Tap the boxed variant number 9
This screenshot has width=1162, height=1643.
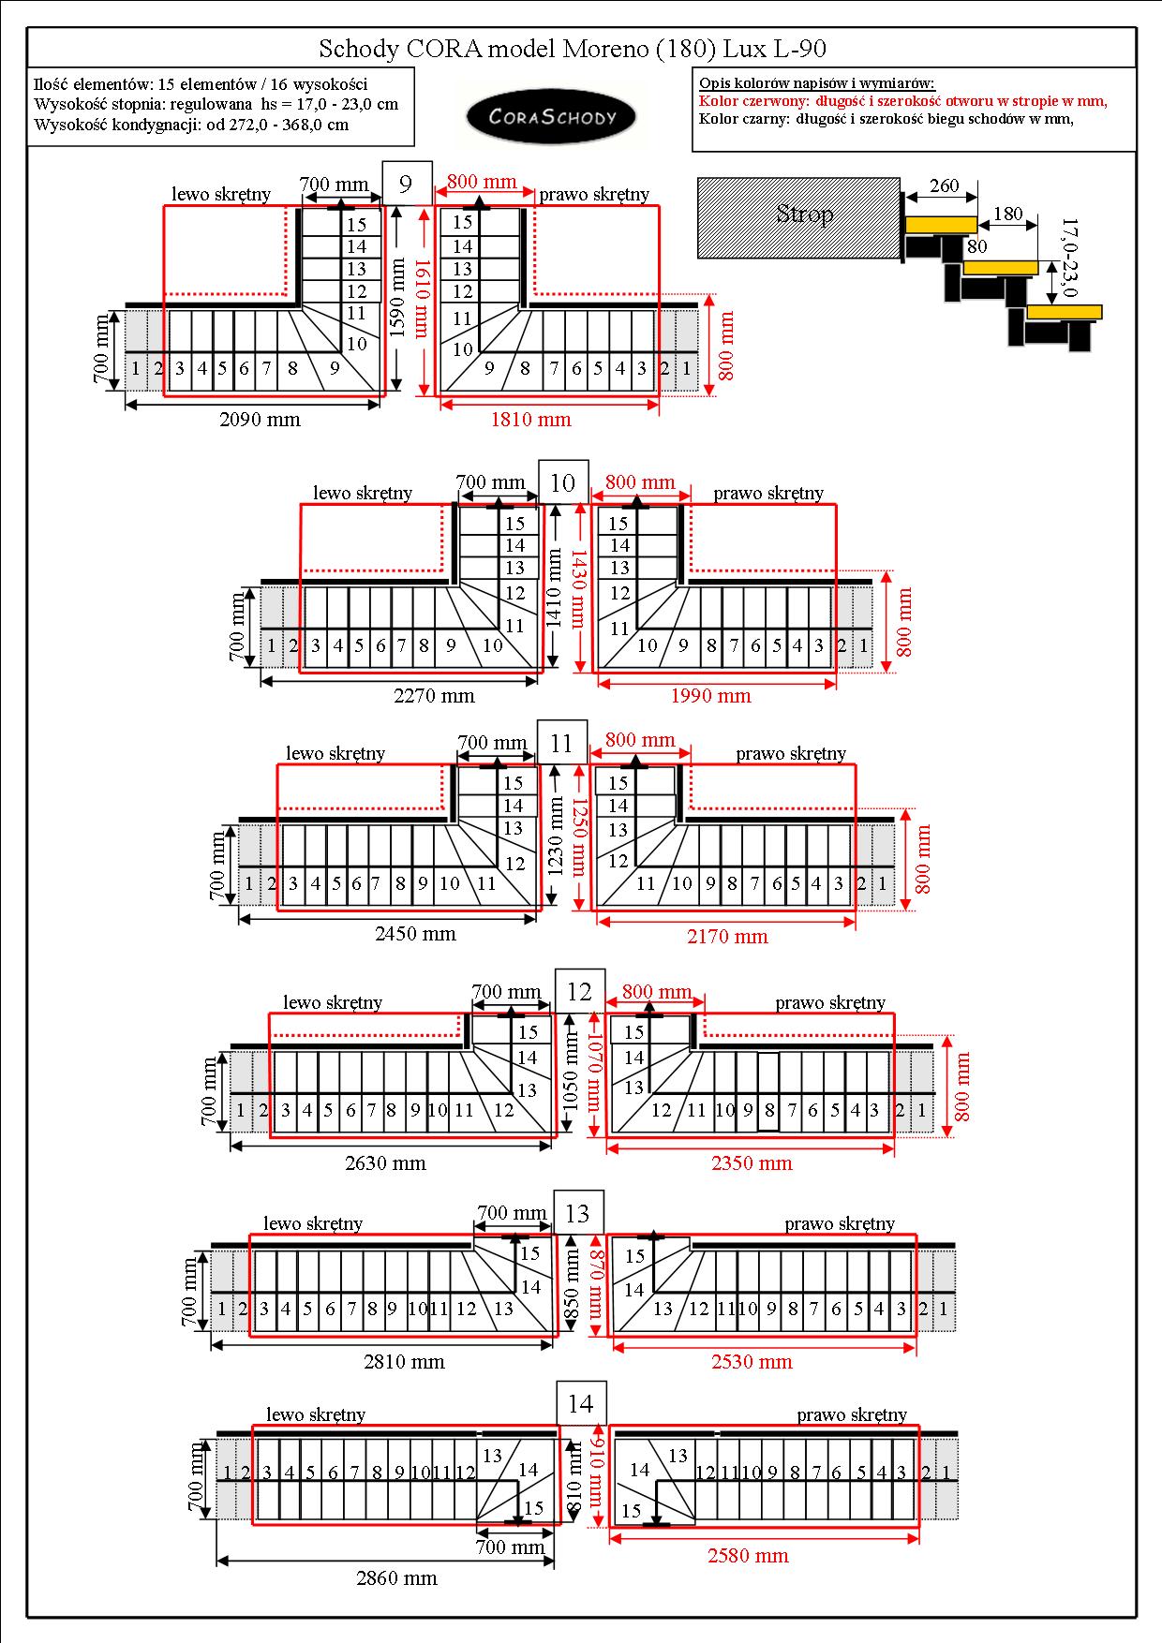[406, 183]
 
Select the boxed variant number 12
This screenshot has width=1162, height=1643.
[580, 992]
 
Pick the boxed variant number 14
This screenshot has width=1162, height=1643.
[580, 1403]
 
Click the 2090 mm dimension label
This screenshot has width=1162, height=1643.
[260, 420]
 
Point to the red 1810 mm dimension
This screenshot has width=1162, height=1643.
[530, 420]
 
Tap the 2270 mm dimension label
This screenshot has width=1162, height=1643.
[434, 696]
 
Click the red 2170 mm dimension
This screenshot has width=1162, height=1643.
[727, 936]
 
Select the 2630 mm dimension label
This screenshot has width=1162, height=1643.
[385, 1163]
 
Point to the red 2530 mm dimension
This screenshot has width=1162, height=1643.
[752, 1362]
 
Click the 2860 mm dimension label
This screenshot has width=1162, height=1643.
[396, 1578]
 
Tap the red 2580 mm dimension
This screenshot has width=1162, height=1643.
[747, 1556]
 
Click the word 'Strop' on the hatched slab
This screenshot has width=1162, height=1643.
[805, 215]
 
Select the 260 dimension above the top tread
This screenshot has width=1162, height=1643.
[944, 185]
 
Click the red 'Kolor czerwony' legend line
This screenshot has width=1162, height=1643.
[903, 101]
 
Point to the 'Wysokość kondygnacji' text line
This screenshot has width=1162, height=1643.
[191, 125]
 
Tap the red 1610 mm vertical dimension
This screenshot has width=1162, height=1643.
[423, 298]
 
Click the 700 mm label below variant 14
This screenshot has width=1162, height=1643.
[510, 1547]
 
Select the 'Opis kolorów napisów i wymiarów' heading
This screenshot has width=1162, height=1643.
[817, 83]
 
